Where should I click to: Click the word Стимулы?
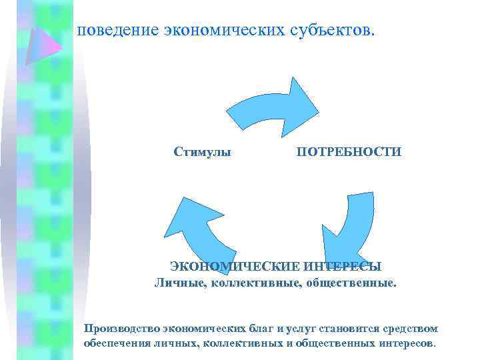point(202,153)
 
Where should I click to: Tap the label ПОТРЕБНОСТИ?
point(349,153)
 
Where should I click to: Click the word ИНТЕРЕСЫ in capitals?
point(343,267)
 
